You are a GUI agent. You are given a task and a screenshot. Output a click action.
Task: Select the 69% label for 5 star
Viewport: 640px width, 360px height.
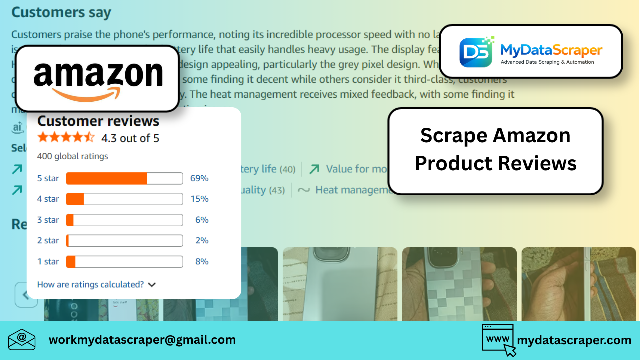coord(199,178)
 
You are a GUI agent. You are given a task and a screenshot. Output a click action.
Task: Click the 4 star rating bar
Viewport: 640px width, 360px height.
coord(124,199)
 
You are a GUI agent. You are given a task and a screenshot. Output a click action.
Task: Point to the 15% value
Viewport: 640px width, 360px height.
coord(199,199)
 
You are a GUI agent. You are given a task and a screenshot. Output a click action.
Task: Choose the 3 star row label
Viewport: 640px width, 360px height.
coord(48,220)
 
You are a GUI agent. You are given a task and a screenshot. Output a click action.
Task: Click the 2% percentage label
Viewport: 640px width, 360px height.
coord(202,240)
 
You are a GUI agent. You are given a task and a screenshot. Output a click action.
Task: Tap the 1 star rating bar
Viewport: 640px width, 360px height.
coord(124,261)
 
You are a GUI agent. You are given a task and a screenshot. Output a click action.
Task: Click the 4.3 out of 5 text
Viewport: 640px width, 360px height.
coord(130,138)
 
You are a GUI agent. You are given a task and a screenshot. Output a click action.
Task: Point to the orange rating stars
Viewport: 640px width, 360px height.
coord(66,137)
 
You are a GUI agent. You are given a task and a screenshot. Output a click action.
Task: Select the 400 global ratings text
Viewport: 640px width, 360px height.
coord(72,156)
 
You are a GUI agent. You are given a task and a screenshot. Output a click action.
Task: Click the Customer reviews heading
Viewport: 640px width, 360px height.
coord(98,121)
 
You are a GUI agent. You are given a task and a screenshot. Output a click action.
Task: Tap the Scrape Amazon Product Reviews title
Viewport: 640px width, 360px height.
coord(495,149)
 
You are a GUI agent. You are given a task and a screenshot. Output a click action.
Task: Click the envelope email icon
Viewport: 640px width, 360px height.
coord(22,340)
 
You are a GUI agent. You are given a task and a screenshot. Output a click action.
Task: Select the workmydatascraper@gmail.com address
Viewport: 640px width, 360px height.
coord(142,340)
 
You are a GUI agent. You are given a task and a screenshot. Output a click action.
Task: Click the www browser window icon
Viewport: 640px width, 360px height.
coord(498,340)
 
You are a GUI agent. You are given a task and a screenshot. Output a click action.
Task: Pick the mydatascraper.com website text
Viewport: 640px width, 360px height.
coord(574,340)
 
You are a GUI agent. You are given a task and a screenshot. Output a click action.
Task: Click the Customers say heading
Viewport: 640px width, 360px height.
coord(61,12)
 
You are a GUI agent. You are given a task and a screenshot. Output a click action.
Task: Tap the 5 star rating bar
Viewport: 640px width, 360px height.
coord(124,178)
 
